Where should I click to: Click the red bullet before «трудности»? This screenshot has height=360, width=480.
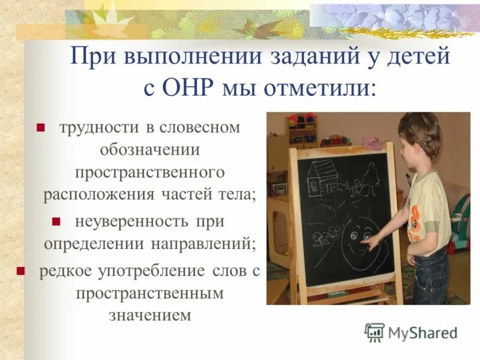coord(41,128)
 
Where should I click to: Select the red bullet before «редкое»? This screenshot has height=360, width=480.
coord(20,271)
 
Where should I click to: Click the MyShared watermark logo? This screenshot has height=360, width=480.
coord(411,332)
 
